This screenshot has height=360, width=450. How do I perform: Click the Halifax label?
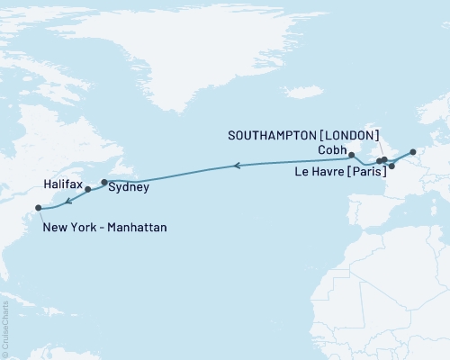coord(63,183)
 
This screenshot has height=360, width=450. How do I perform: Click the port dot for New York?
coord(38,208)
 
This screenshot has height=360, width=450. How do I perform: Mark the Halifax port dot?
coord(88,190)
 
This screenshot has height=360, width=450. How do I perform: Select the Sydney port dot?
coord(104,183)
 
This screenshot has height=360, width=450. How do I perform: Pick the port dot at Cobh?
coord(351,156)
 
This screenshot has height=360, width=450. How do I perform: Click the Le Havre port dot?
coord(391,166)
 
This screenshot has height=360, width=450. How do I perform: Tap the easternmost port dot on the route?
coord(412,151)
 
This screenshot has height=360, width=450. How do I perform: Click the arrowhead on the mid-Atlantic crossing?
coord(237,166)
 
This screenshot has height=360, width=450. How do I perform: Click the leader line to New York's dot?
coord(41,216)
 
